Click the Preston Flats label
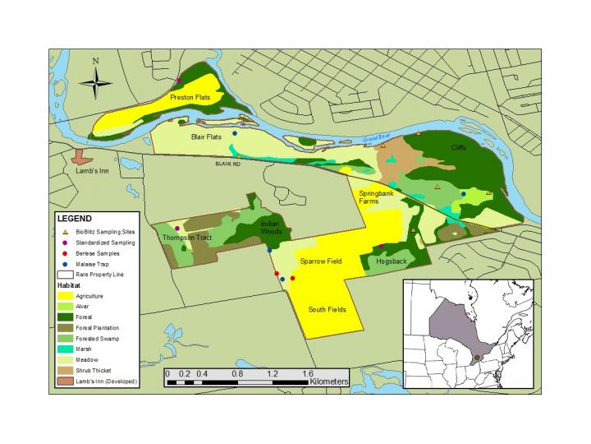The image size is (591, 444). click(186, 98)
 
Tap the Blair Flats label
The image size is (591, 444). click(206, 137)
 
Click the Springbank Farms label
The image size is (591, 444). click(376, 197)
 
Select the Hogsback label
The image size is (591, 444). click(391, 261)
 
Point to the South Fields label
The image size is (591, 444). click(327, 310)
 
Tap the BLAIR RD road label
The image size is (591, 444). click(227, 164)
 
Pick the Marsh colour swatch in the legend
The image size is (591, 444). click(64, 349)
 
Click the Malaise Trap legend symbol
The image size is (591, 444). click(64, 265)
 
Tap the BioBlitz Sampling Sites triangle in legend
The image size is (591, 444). click(64, 234)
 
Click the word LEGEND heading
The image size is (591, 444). click(74, 220)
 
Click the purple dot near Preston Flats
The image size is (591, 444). click(179, 81)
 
